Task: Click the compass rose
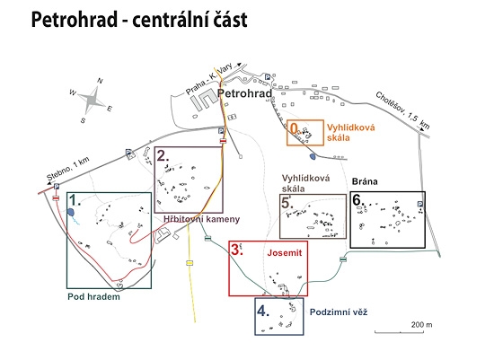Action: (x=92, y=101)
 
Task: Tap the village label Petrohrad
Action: (x=244, y=93)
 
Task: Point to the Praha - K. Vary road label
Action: (x=209, y=78)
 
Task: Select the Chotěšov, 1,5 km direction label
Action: (x=402, y=110)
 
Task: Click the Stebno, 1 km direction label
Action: (x=68, y=169)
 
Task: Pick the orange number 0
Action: (x=294, y=128)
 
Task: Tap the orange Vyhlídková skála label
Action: (x=350, y=132)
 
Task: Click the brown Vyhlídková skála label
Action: (x=305, y=183)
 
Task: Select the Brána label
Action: (x=365, y=181)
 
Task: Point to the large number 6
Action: (x=357, y=199)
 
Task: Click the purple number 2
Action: (x=163, y=156)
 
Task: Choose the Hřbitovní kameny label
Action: (x=201, y=219)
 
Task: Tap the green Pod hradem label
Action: (x=93, y=296)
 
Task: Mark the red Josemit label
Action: (x=285, y=252)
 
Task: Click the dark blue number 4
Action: (x=263, y=311)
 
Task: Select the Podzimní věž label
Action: (x=339, y=312)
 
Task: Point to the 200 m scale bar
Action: (x=400, y=332)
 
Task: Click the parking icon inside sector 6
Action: (x=420, y=204)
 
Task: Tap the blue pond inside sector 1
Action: (x=71, y=212)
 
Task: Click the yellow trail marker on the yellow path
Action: (x=190, y=263)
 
